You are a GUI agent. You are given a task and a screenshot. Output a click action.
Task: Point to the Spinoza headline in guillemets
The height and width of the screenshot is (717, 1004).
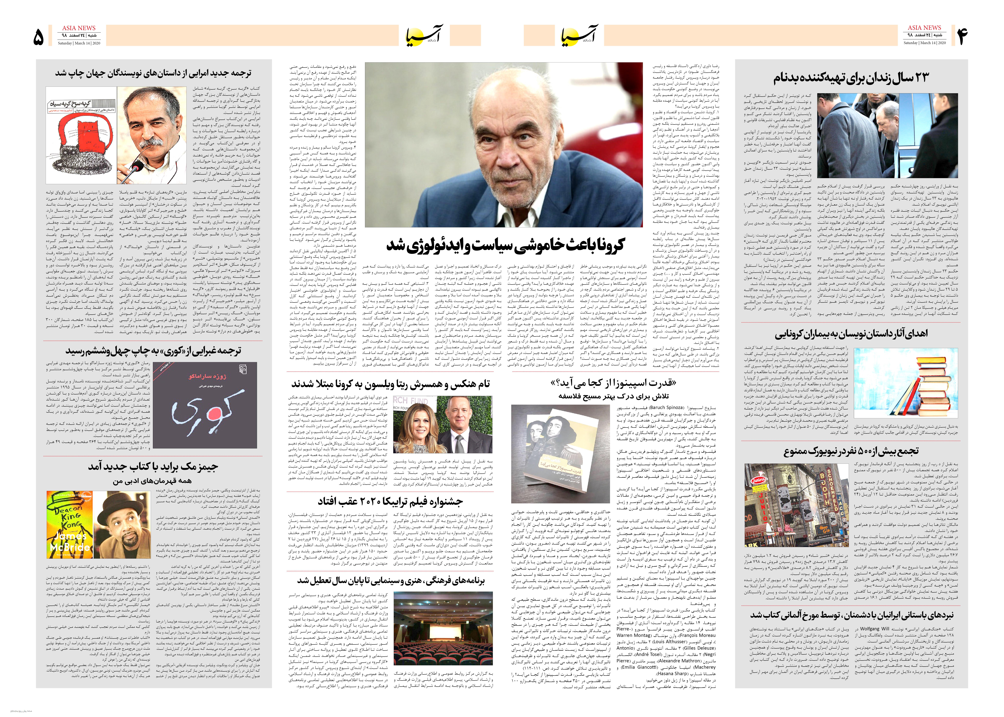click(614, 383)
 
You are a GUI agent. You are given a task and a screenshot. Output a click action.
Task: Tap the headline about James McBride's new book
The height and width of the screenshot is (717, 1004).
click(152, 467)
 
